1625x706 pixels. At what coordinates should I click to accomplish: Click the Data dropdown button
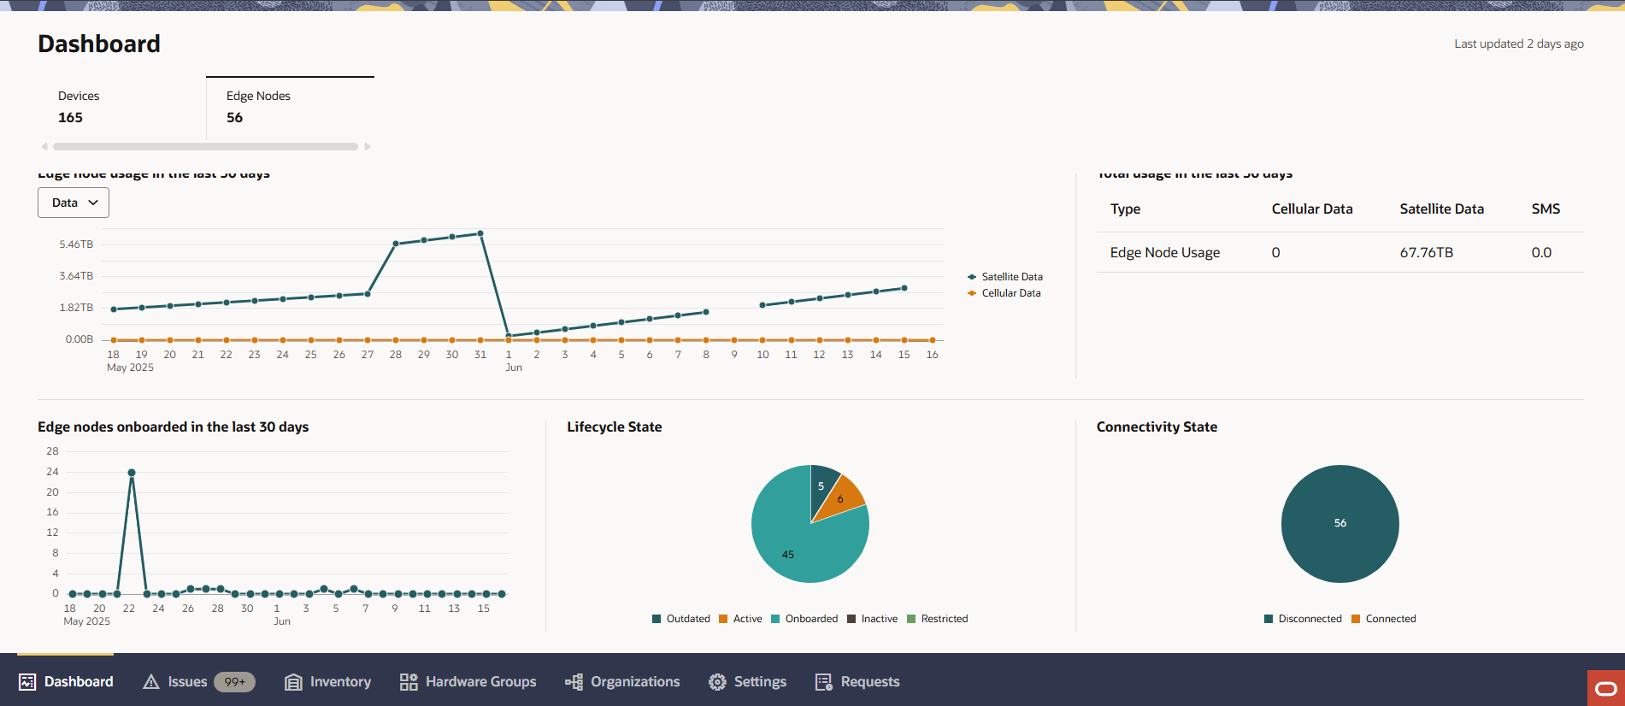(74, 203)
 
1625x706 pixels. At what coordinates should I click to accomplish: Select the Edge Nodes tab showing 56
(290, 108)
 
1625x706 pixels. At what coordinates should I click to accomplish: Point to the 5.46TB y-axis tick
(76, 244)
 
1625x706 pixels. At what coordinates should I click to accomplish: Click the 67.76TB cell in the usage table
(1426, 253)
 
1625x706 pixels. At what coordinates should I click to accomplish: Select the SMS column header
(1546, 209)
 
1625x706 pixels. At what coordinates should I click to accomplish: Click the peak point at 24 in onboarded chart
(132, 473)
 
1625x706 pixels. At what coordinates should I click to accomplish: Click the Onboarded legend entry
(804, 619)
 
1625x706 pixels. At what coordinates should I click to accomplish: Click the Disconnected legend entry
(1303, 619)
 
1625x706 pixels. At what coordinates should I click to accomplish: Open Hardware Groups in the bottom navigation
(468, 682)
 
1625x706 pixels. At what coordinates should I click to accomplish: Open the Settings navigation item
(748, 682)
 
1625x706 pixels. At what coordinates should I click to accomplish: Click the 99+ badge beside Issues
(234, 682)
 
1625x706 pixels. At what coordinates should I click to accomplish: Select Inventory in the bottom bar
(328, 682)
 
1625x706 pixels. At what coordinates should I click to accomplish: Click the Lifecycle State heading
(615, 427)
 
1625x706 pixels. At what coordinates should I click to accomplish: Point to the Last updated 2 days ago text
(1519, 44)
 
